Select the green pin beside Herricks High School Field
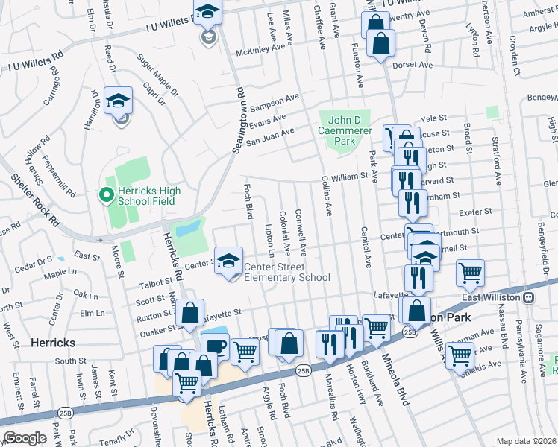106,196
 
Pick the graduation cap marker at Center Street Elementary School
228,261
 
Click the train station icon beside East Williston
527,297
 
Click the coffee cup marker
215,346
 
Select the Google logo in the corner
24,438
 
